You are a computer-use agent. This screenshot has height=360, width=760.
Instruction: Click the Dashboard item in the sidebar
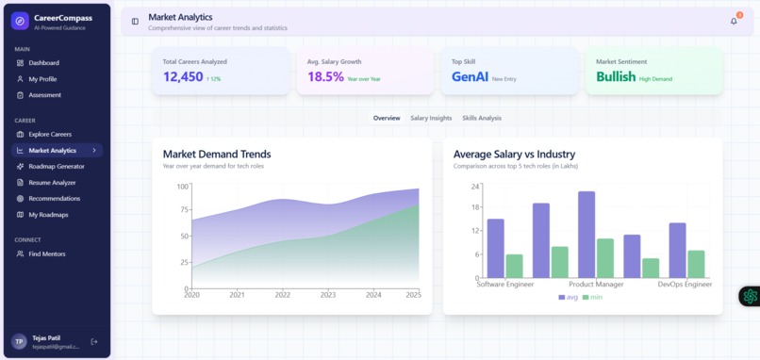43,63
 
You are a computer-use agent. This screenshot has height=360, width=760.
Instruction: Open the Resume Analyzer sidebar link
52,183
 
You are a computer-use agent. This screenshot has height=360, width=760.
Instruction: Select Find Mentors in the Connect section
46,254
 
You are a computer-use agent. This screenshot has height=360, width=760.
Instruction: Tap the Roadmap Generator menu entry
58,167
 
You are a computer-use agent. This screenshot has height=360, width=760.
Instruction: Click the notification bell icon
734,21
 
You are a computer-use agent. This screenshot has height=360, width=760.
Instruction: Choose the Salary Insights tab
431,118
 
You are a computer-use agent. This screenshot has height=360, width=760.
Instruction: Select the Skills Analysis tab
482,118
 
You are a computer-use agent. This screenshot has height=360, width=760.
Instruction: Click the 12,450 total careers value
183,77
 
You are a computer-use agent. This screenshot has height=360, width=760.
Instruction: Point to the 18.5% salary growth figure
325,77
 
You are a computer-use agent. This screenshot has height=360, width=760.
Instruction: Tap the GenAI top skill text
470,77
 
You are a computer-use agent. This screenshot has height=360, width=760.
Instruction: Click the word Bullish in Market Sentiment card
616,77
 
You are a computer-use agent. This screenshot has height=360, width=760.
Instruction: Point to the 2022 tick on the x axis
283,295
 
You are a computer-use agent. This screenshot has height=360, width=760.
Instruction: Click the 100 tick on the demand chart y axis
183,186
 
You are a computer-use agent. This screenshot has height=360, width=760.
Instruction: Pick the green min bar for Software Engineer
514,266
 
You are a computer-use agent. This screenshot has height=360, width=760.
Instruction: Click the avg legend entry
568,298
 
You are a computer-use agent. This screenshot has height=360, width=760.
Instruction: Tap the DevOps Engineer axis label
685,284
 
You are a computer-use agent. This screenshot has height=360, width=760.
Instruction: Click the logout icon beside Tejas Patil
93,341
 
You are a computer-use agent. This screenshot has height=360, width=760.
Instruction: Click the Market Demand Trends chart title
217,154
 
